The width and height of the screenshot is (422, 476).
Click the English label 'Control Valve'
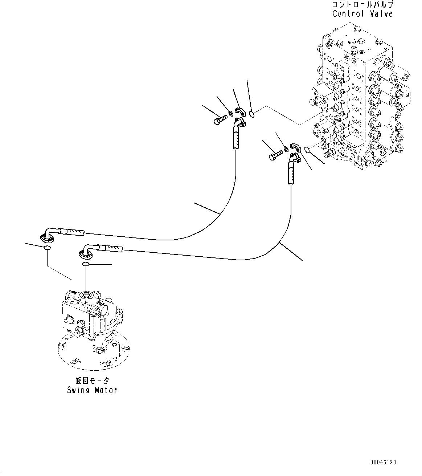(362, 14)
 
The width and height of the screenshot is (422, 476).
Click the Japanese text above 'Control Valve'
(362, 5)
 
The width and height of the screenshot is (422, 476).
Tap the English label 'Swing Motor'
(92, 390)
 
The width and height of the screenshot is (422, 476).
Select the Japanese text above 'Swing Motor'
(92, 381)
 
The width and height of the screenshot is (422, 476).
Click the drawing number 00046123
(383, 462)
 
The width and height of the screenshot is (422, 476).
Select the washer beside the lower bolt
(286, 149)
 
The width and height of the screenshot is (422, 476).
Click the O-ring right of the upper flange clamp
(253, 115)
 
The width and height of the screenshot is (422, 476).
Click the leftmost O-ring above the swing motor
(46, 248)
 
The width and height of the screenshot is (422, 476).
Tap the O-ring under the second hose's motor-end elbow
(86, 264)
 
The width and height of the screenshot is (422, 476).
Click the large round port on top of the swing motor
(87, 295)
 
